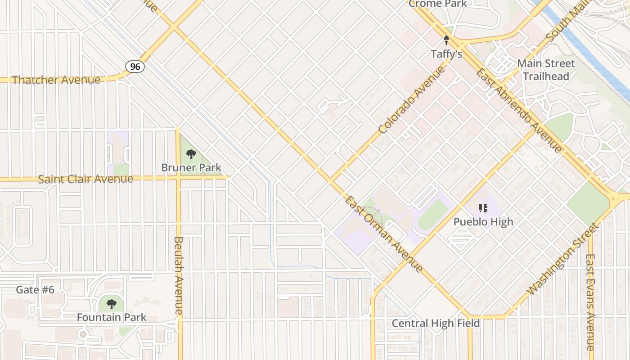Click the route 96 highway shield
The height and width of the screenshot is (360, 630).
point(135,67)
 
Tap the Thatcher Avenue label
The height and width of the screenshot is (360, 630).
point(56,80)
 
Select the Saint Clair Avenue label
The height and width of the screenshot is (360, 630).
point(85,179)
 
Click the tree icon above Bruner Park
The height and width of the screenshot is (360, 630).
point(191,155)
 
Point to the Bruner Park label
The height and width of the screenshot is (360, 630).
point(191,168)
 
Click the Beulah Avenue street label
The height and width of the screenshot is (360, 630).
point(178,275)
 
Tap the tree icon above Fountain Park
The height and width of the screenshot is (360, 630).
point(111,304)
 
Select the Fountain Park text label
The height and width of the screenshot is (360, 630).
point(111,317)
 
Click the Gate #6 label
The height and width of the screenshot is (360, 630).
point(35,290)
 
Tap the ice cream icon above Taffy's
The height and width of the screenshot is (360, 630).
point(446,41)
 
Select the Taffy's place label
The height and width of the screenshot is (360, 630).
point(446,54)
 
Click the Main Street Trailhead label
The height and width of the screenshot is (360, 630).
point(546,70)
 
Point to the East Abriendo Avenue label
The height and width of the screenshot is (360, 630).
point(519,111)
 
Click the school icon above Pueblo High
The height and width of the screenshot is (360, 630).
point(483,208)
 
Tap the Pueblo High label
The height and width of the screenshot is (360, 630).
point(483,222)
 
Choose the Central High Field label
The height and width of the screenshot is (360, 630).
point(436,324)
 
